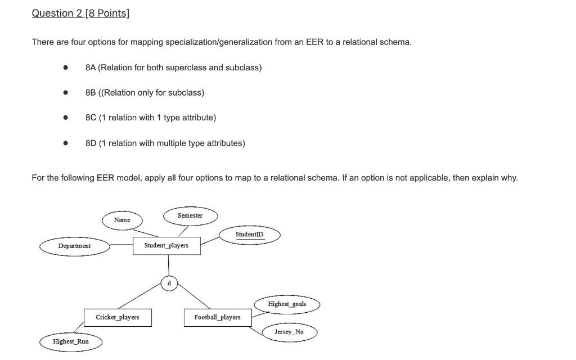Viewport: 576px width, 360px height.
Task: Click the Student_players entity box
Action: coord(166,246)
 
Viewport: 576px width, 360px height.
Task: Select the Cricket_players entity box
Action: coord(118,317)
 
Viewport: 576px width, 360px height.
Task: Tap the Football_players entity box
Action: coord(218,317)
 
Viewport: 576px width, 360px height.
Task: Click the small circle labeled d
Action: coord(169,283)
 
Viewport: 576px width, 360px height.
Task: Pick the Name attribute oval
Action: coord(122,220)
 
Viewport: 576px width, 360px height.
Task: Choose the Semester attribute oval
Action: coord(190,216)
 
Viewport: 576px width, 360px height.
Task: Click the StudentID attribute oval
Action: coord(249,235)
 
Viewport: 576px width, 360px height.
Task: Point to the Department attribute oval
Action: coord(74,246)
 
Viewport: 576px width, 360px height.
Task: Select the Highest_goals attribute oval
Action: coord(287,304)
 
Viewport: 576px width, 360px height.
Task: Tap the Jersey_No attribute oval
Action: coord(289,332)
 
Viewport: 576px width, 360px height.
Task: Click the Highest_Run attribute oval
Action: coord(71,341)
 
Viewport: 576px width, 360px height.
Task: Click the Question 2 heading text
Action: coord(80,13)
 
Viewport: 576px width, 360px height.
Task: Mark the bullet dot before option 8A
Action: coord(66,67)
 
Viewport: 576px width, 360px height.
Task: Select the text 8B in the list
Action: coord(91,92)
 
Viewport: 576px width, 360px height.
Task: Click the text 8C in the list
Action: coord(91,118)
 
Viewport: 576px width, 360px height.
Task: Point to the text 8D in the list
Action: coord(91,143)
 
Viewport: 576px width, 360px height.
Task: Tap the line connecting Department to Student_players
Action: coord(121,245)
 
